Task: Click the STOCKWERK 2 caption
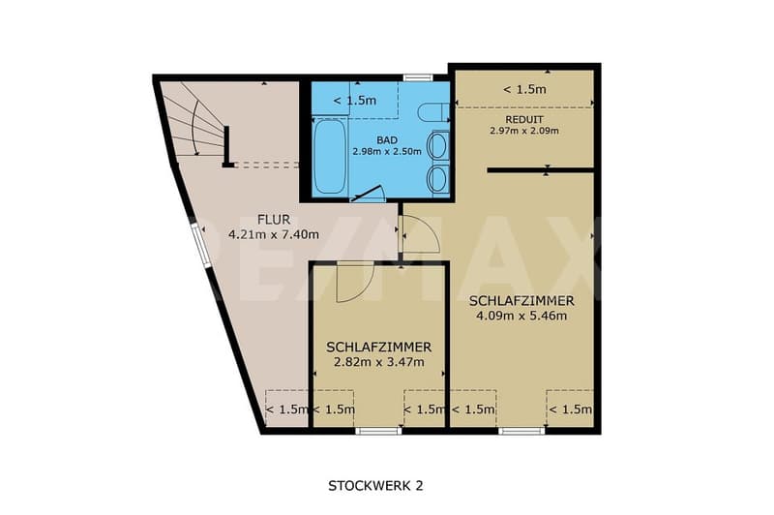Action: pyautogui.click(x=375, y=486)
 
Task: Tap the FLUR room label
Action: pyautogui.click(x=274, y=219)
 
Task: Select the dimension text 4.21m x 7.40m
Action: pyautogui.click(x=274, y=234)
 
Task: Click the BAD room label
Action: pyautogui.click(x=386, y=140)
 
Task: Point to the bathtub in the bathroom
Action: pyautogui.click(x=329, y=156)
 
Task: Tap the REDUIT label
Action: pyautogui.click(x=524, y=119)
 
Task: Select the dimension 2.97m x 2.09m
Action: pyautogui.click(x=524, y=131)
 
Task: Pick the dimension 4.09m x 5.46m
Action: pyautogui.click(x=521, y=316)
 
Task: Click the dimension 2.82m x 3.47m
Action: pyautogui.click(x=378, y=362)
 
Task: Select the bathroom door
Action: pyautogui.click(x=368, y=193)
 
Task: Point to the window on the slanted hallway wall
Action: pyautogui.click(x=200, y=246)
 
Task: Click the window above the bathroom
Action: pyautogui.click(x=418, y=77)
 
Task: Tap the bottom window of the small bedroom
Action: pyautogui.click(x=378, y=431)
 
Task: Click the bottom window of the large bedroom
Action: pyautogui.click(x=521, y=431)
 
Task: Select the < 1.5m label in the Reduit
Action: pyautogui.click(x=524, y=89)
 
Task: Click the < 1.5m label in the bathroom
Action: pyautogui.click(x=355, y=101)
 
